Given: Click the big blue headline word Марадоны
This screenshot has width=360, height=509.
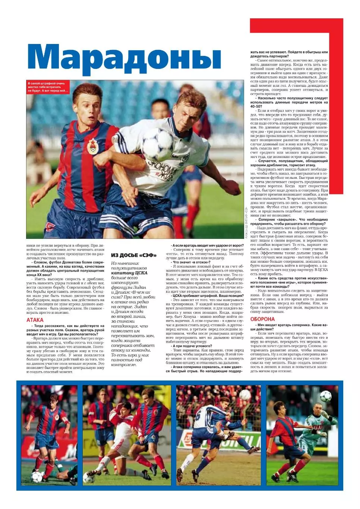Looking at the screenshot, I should click(124, 58).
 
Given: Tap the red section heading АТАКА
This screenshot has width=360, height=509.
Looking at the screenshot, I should click(35, 320).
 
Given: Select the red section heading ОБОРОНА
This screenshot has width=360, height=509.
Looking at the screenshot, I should click(262, 319).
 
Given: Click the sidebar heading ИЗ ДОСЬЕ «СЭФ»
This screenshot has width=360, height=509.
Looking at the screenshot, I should click(133, 255).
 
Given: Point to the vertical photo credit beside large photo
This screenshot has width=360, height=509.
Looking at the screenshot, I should click(246, 222).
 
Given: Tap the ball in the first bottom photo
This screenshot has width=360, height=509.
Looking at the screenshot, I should click(37, 476).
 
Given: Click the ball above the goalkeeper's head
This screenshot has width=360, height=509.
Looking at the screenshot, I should click(322, 394).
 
